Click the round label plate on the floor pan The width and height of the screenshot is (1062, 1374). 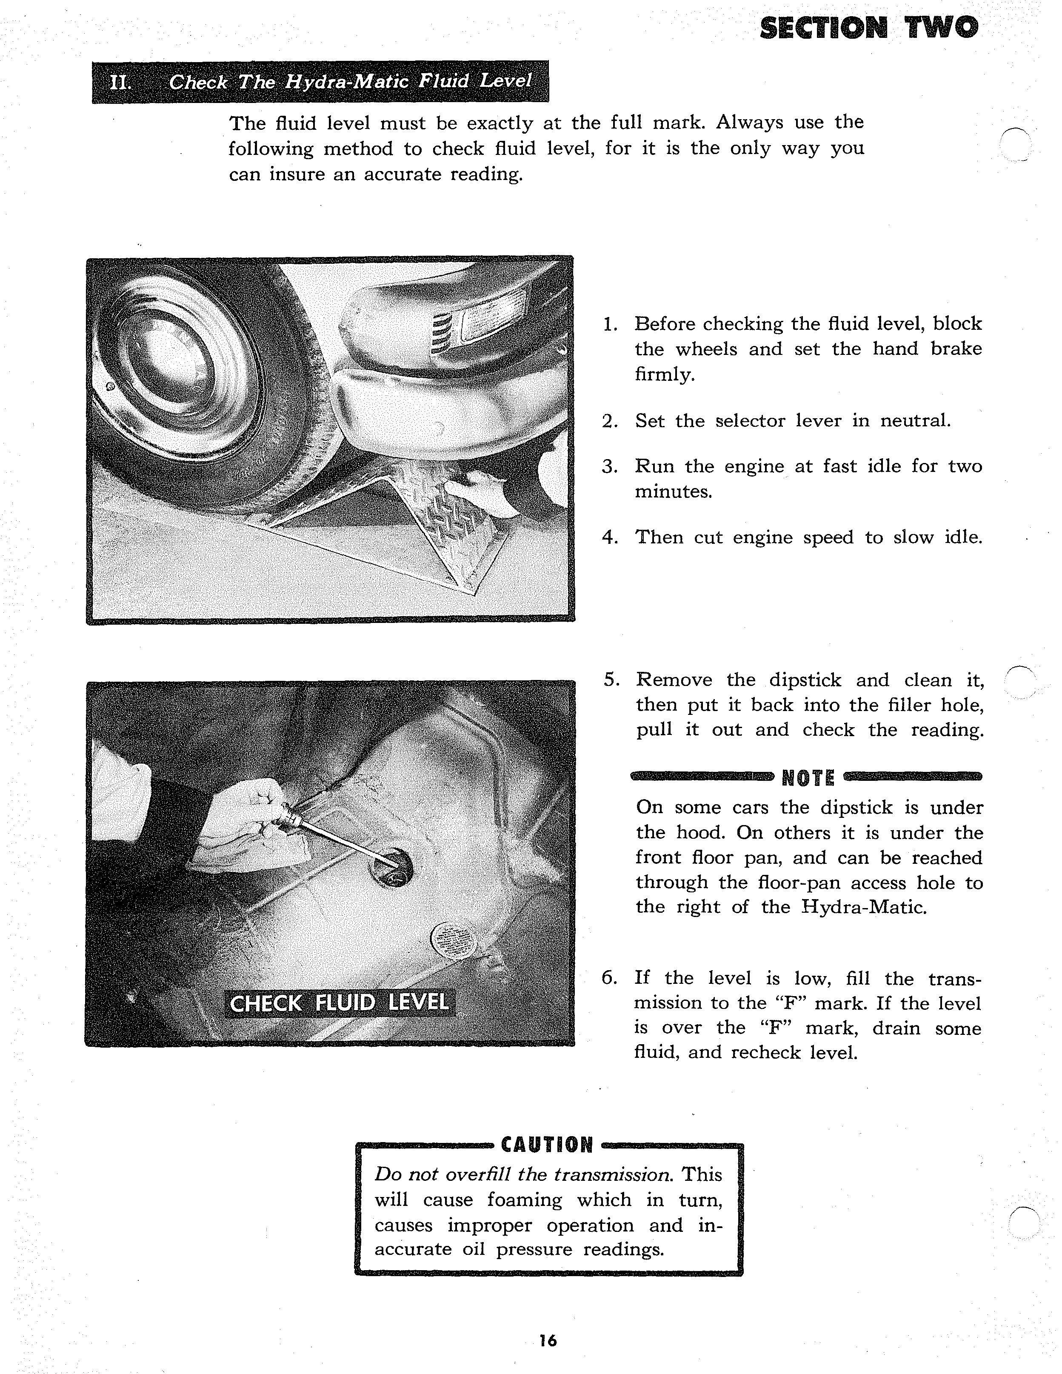coord(452,941)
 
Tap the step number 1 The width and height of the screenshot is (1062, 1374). coord(609,325)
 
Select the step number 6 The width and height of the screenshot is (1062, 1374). coord(608,978)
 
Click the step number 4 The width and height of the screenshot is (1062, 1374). coord(608,537)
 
